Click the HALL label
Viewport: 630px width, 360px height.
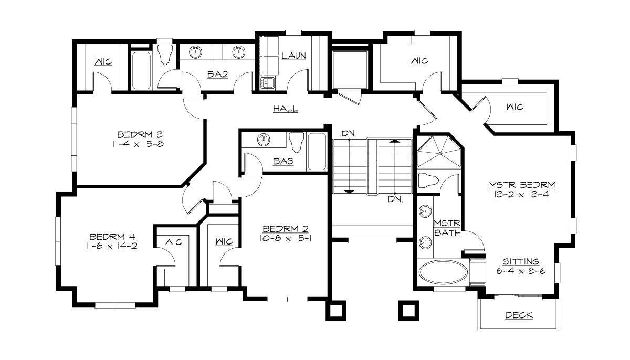[x=286, y=109]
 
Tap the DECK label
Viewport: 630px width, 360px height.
[x=519, y=315]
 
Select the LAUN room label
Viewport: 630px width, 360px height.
[x=293, y=55]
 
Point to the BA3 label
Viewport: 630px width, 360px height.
[x=283, y=162]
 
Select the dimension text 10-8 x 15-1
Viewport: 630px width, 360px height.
[x=285, y=238]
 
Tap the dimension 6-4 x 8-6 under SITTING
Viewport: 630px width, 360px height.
[x=521, y=271]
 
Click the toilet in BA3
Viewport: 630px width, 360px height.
[x=296, y=142]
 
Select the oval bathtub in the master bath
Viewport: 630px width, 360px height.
[x=444, y=273]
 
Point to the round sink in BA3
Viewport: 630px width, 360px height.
[x=264, y=140]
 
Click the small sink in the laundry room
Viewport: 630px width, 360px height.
[x=268, y=82]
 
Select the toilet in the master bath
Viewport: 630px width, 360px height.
[x=430, y=180]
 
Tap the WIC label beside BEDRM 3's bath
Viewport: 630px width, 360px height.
[x=103, y=61]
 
